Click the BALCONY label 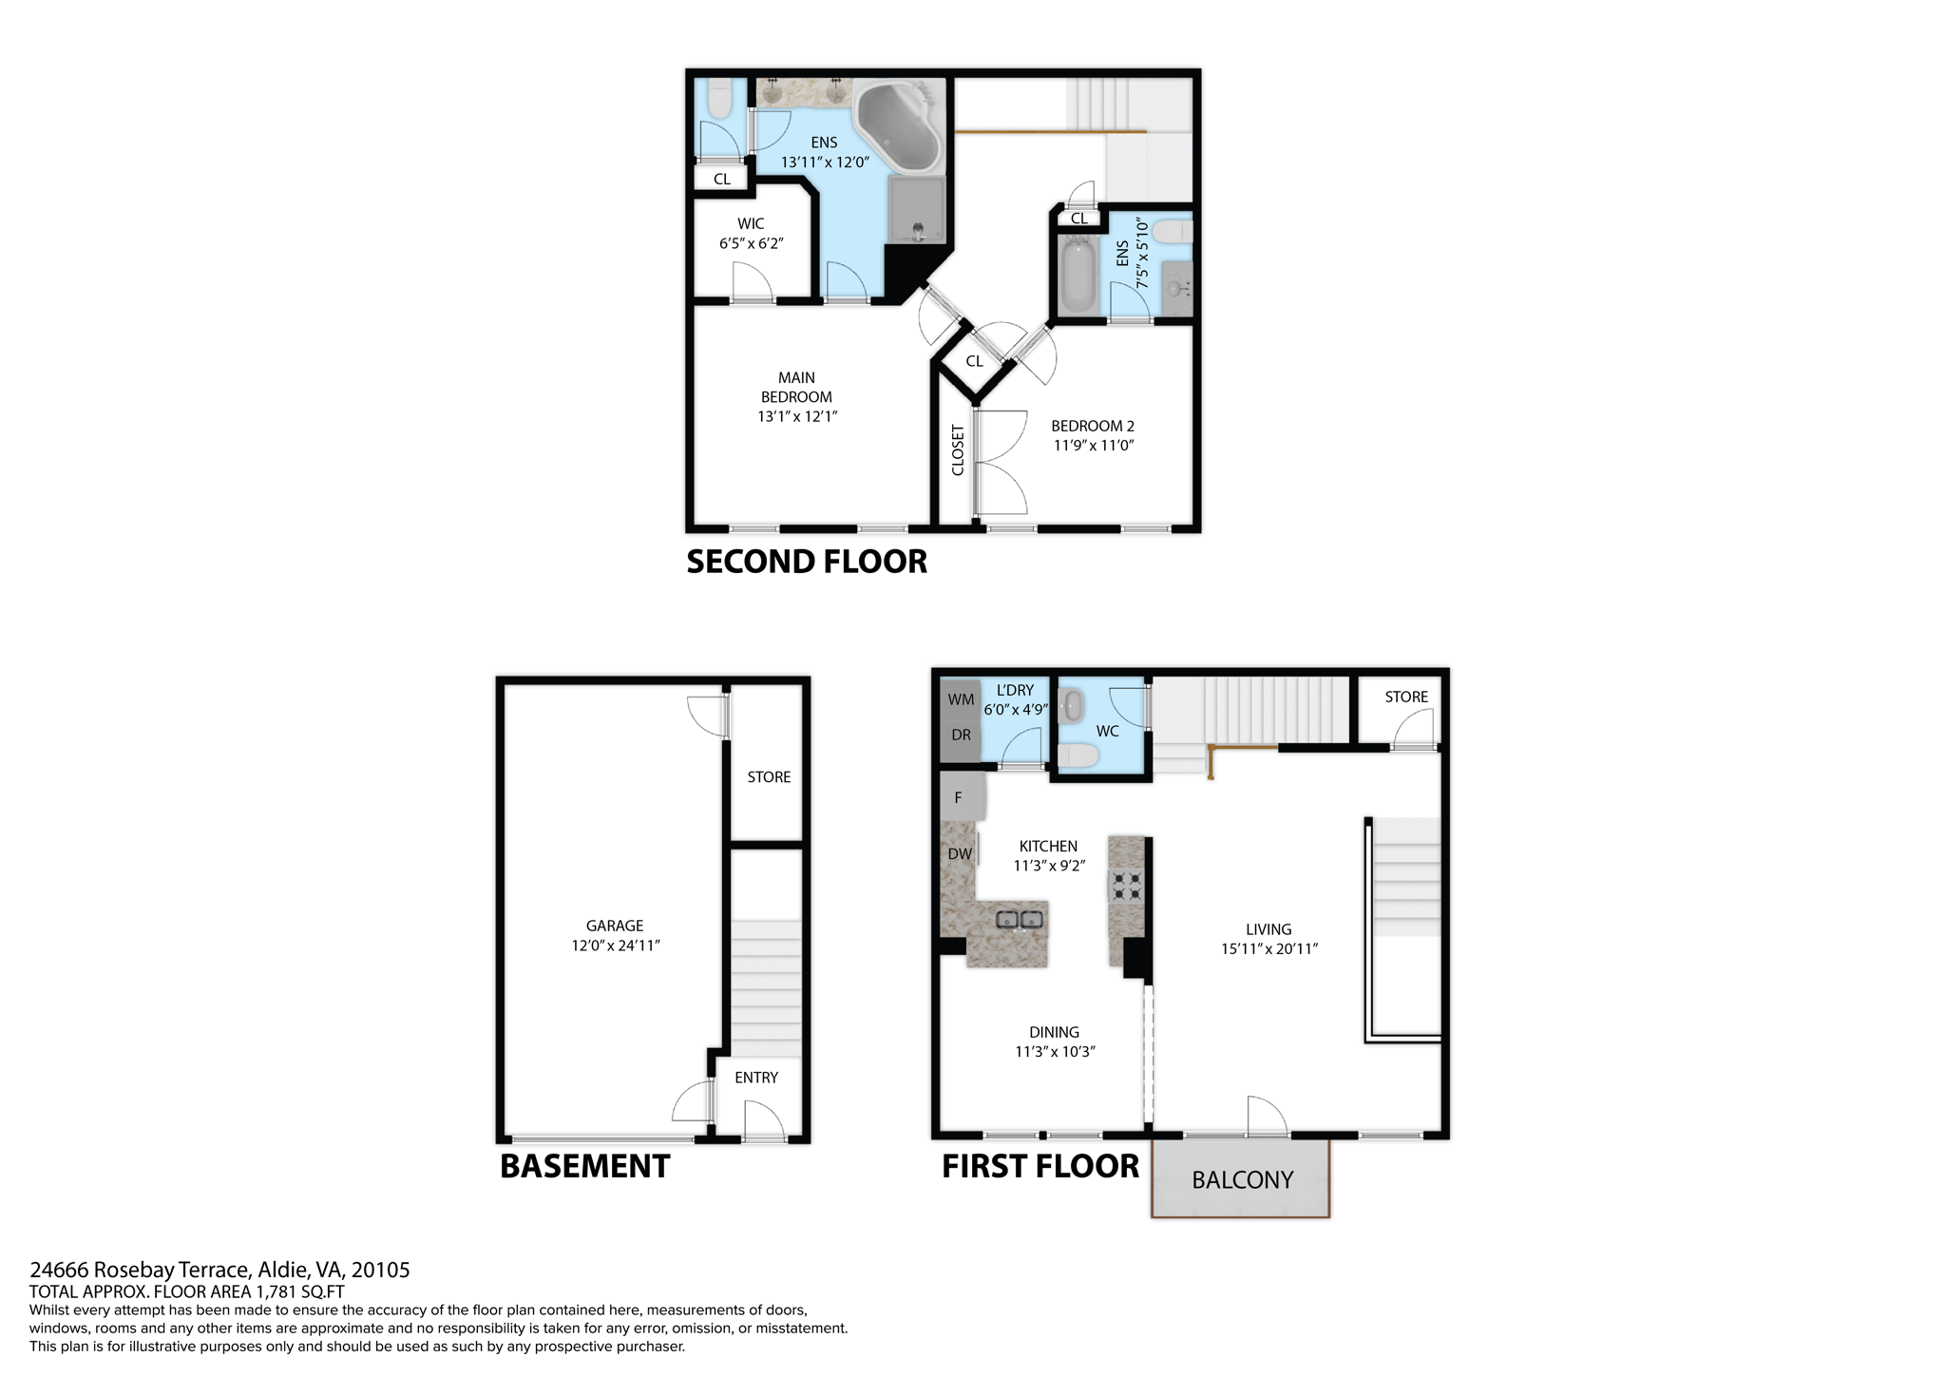pos(1242,1180)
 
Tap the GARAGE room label pos(615,926)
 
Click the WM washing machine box pos(961,699)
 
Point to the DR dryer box pos(961,736)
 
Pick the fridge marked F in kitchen pos(959,798)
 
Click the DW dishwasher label pos(960,854)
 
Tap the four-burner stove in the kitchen pos(1127,886)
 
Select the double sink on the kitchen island pos(1020,919)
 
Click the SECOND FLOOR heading pos(807,562)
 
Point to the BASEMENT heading pos(584,1166)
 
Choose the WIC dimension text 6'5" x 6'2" pos(751,243)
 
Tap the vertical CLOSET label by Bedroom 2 pos(958,450)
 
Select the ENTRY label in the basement pos(756,1078)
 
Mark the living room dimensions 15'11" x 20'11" pos(1269,948)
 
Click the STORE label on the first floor pos(1406,697)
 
